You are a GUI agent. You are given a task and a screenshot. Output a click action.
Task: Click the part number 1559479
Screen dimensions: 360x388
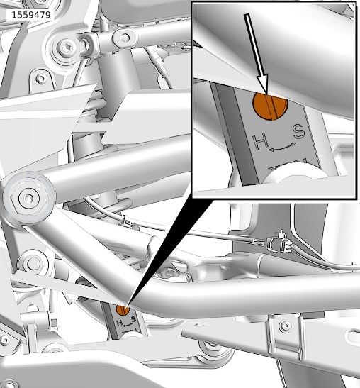click(x=31, y=15)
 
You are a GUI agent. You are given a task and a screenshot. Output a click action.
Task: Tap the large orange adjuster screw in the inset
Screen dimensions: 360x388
click(x=270, y=106)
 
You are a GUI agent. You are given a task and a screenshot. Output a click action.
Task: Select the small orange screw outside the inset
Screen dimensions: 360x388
click(x=123, y=310)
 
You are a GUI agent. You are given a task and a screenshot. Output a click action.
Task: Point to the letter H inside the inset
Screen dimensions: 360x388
click(x=261, y=141)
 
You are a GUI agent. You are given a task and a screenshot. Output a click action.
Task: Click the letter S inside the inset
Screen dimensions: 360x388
click(x=299, y=132)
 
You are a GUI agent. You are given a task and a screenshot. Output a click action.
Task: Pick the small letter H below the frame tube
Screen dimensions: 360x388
click(x=120, y=323)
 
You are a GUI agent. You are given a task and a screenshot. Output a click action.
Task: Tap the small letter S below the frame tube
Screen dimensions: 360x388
click(x=133, y=319)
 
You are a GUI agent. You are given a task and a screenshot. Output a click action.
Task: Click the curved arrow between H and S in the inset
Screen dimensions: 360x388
click(x=282, y=147)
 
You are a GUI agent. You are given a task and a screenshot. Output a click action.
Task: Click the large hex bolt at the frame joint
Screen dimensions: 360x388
click(x=29, y=198)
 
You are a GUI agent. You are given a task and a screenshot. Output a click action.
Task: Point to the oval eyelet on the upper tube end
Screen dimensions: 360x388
click(x=125, y=38)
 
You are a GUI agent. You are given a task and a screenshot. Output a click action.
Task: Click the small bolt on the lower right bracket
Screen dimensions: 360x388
click(x=286, y=326)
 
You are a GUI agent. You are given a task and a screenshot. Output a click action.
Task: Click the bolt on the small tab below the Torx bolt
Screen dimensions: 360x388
click(x=41, y=79)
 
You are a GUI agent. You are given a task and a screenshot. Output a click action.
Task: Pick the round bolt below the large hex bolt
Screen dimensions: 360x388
click(x=33, y=263)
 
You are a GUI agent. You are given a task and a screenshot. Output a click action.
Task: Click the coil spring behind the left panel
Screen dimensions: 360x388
click(x=94, y=106)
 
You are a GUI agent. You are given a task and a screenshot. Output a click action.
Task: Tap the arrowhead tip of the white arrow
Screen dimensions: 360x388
click(x=266, y=94)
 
